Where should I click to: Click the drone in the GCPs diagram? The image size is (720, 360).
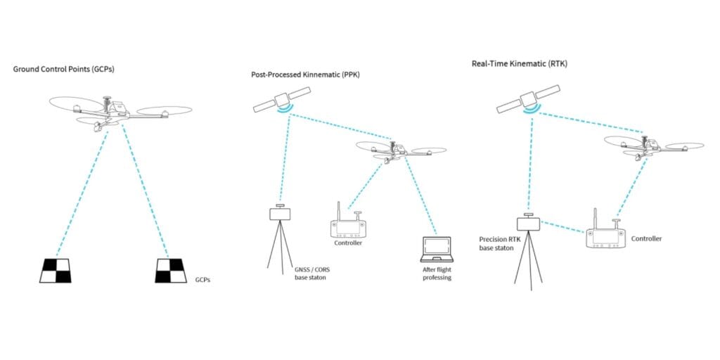point(113,113)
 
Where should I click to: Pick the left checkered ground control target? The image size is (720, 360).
point(55,270)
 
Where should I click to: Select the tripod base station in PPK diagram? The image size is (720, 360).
point(281,236)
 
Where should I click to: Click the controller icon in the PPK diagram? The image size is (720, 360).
point(349,226)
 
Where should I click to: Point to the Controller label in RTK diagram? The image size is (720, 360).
point(646,239)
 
